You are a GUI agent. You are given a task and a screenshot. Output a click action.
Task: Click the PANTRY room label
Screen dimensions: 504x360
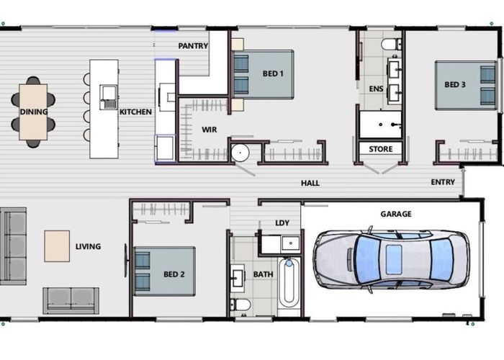click(193, 46)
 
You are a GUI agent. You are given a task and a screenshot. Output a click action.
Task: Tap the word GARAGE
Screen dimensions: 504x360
click(396, 214)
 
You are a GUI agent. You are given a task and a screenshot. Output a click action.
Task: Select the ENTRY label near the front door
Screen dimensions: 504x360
click(443, 182)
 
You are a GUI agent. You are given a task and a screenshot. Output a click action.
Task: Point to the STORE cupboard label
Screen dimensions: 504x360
click(381, 149)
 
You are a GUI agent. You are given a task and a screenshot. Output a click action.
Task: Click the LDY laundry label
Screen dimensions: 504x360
click(282, 222)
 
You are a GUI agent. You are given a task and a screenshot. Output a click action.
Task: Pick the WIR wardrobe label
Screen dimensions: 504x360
click(210, 130)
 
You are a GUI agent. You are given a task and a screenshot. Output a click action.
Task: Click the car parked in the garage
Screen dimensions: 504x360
click(391, 259)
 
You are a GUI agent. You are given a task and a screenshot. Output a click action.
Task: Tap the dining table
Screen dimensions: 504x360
click(33, 112)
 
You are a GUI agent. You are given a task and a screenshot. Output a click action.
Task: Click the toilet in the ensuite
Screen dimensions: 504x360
click(391, 44)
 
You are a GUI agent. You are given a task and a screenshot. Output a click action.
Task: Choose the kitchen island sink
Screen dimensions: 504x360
click(108, 97)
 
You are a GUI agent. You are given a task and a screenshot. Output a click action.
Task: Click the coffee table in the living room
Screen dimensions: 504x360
click(57, 246)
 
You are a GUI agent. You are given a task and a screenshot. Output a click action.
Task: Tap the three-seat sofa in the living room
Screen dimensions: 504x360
click(13, 246)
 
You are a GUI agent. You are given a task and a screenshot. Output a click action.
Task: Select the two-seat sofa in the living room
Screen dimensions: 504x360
click(71, 301)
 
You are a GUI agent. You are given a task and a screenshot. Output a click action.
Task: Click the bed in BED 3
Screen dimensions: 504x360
click(465, 85)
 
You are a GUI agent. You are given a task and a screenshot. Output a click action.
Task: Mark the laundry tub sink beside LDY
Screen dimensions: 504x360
click(291, 243)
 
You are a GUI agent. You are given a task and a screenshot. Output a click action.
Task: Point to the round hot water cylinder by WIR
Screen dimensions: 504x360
click(240, 153)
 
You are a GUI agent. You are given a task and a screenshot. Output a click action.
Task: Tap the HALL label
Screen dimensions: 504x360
click(310, 183)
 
